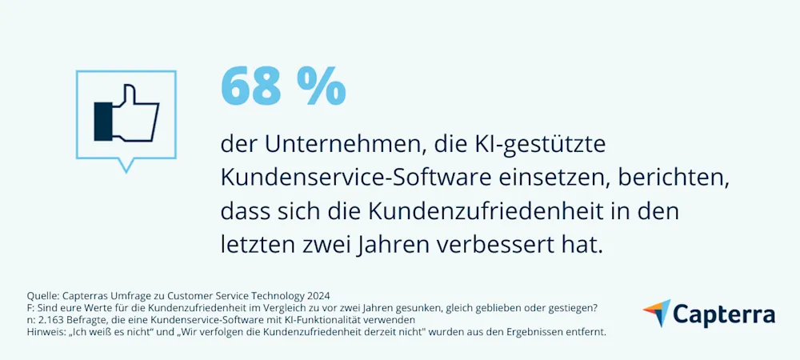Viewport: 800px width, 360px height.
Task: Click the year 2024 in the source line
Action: (317, 296)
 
